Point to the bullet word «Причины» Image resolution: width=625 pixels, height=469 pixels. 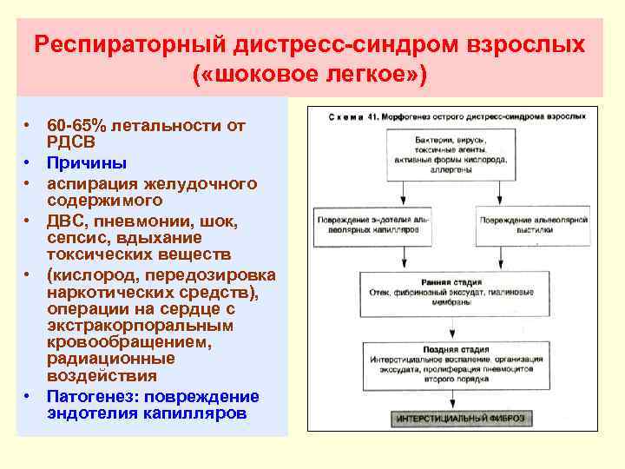(x=87, y=162)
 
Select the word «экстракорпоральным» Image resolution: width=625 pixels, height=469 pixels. (x=140, y=326)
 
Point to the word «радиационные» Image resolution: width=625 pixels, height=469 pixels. (x=111, y=359)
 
